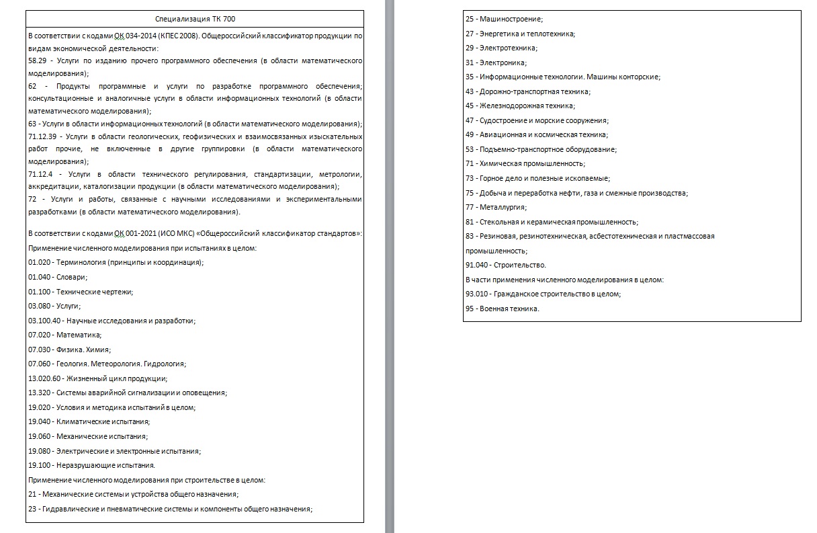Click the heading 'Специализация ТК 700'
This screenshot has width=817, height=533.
click(x=195, y=19)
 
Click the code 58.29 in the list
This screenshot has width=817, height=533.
click(x=37, y=61)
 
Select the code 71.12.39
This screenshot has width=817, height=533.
click(x=42, y=136)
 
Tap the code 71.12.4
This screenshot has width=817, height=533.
click(x=40, y=175)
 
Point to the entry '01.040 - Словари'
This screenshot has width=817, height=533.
click(x=58, y=277)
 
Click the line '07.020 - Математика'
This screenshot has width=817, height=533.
click(x=64, y=335)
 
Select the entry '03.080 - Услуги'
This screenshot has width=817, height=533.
click(x=54, y=306)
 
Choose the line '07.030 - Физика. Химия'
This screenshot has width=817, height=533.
click(x=69, y=350)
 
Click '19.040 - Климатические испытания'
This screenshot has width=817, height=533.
click(x=89, y=422)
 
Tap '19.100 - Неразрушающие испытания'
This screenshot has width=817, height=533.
click(x=91, y=465)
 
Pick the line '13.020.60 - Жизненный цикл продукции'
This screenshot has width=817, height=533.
click(x=97, y=378)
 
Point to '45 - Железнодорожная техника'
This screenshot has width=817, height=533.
click(x=520, y=106)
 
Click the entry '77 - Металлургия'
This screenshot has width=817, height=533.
click(x=496, y=208)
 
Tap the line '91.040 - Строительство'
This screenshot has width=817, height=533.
click(x=505, y=265)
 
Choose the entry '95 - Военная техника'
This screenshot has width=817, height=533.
click(x=502, y=309)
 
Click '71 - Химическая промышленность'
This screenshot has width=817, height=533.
click(x=525, y=164)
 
